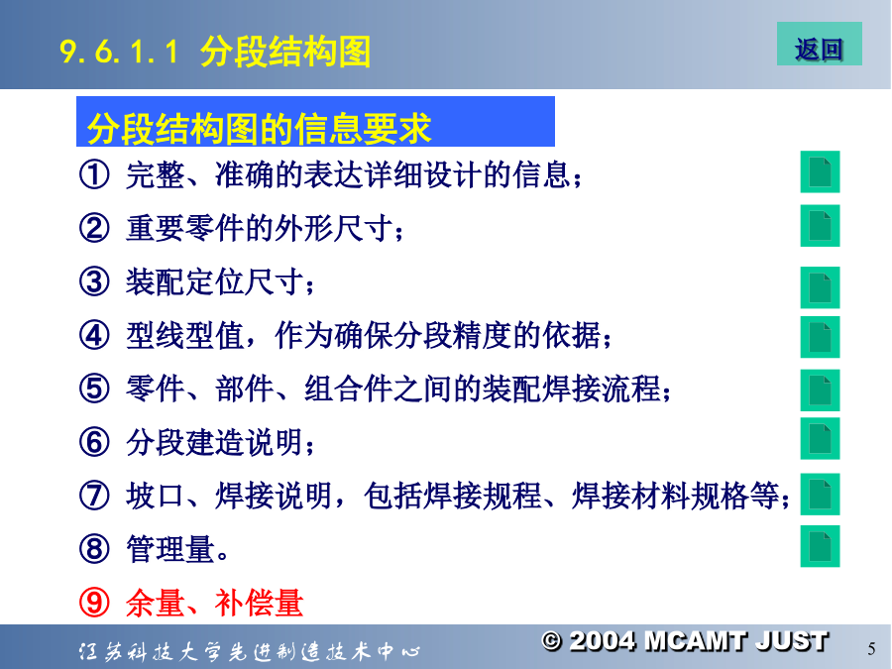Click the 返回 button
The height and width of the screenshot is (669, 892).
(x=820, y=44)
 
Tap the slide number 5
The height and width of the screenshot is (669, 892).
(x=871, y=648)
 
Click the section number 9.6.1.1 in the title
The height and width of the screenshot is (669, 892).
(x=120, y=52)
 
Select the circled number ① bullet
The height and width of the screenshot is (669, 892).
(x=94, y=174)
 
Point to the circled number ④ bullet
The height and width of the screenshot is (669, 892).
(x=94, y=335)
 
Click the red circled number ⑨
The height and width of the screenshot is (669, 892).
(x=94, y=603)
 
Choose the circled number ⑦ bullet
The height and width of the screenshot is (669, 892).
(x=94, y=496)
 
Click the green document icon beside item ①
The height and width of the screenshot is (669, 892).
(x=820, y=171)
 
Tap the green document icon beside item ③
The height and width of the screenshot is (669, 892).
(x=820, y=287)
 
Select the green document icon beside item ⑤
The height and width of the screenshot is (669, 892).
(x=820, y=390)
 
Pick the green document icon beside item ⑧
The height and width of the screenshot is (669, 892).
(x=820, y=546)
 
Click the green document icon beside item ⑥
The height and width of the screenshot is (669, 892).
(x=820, y=439)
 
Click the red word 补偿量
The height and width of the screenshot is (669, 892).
(x=259, y=603)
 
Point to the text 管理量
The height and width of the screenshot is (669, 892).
(x=170, y=549)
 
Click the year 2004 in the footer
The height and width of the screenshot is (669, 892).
(x=603, y=641)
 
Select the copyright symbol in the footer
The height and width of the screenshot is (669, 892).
(x=551, y=641)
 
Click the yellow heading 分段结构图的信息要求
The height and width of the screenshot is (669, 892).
(x=259, y=128)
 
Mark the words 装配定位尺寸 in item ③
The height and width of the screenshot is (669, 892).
(x=215, y=281)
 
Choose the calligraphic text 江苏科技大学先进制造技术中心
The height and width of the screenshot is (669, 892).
(x=249, y=651)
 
